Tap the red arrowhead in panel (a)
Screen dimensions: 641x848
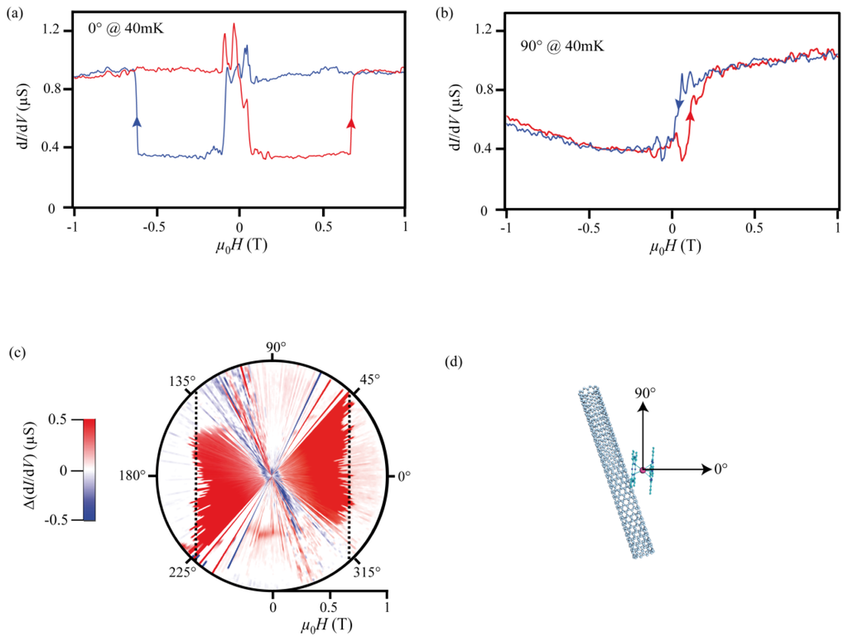351,123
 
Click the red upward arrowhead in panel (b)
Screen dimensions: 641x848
691,117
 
